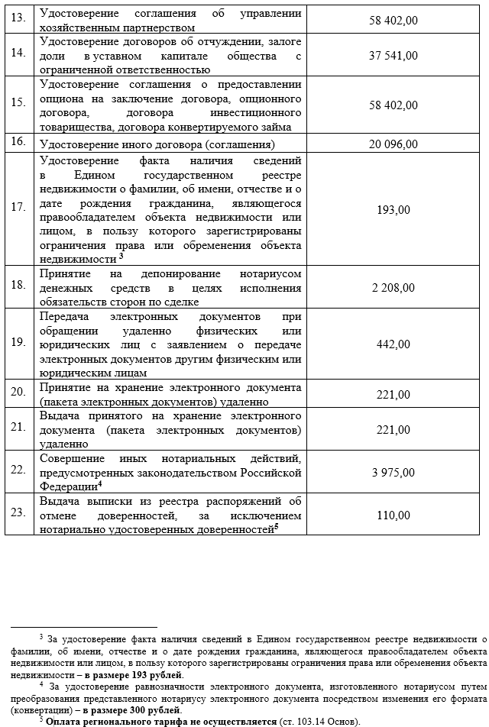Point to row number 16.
coord(19,142)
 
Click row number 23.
coord(19,513)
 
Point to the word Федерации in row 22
coord(68,486)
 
